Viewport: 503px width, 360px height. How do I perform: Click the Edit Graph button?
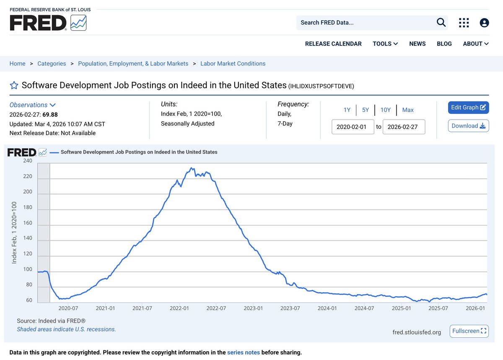[468, 107]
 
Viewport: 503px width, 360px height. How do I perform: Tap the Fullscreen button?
[469, 331]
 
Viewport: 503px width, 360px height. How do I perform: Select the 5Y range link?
[366, 110]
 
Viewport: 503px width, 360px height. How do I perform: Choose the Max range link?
[408, 110]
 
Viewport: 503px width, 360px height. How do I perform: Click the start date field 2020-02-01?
[353, 127]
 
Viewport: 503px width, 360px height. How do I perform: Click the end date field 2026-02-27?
[404, 127]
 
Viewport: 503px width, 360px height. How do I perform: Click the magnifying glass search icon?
[441, 23]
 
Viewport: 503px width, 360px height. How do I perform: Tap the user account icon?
[484, 23]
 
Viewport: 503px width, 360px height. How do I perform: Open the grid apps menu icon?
[464, 23]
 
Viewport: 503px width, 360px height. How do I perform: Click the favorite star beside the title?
[14, 85]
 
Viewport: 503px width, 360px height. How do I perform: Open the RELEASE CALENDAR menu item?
[333, 44]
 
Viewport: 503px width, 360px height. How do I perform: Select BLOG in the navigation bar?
[444, 44]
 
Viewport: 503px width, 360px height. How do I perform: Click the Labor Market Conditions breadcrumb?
[233, 64]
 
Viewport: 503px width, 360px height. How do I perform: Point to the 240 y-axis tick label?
[28, 161]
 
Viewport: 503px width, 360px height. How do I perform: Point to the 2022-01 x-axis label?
[179, 308]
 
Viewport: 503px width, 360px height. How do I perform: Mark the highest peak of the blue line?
[191, 168]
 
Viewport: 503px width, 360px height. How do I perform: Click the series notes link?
[244, 352]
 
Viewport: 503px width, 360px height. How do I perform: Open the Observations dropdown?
[32, 105]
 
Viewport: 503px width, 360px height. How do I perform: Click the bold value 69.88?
[50, 115]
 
